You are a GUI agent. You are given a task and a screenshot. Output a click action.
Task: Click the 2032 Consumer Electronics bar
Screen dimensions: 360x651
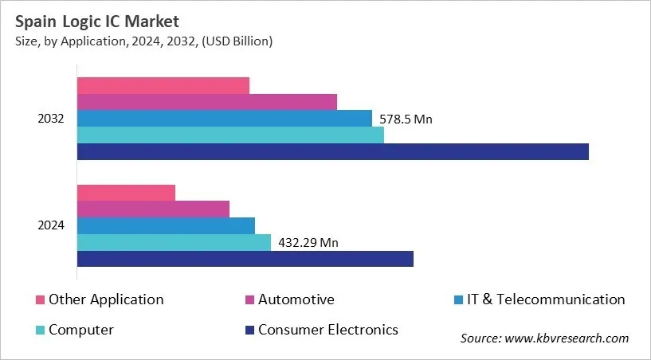pos(332,151)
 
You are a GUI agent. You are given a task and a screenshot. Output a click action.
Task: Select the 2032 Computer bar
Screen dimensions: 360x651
pos(230,135)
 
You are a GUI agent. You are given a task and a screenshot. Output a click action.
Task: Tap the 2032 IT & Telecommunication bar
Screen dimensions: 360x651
pos(224,119)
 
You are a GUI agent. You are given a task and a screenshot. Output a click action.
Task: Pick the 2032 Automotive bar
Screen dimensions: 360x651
pos(206,102)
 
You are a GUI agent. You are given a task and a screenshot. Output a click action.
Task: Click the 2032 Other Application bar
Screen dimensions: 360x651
pos(163,85)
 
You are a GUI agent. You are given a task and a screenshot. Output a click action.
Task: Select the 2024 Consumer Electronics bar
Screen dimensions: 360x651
pos(245,259)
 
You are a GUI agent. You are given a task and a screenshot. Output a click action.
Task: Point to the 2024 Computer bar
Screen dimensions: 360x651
pos(174,242)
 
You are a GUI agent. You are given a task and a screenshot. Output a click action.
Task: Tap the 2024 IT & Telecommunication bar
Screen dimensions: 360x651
pos(166,225)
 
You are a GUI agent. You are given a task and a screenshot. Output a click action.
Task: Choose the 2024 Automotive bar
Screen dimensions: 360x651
pos(153,209)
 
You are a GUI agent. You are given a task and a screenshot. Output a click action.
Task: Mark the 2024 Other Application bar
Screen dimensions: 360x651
pos(126,192)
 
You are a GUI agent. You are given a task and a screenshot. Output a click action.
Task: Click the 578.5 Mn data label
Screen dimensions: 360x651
pos(406,119)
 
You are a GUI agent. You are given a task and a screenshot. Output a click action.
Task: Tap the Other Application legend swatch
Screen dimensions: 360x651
pos(40,300)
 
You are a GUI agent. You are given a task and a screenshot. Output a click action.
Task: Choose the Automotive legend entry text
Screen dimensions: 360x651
pos(296,299)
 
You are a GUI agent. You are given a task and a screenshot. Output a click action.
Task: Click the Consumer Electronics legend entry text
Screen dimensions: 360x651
pos(327,329)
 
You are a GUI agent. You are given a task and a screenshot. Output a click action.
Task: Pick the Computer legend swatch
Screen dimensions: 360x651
pos(40,330)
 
